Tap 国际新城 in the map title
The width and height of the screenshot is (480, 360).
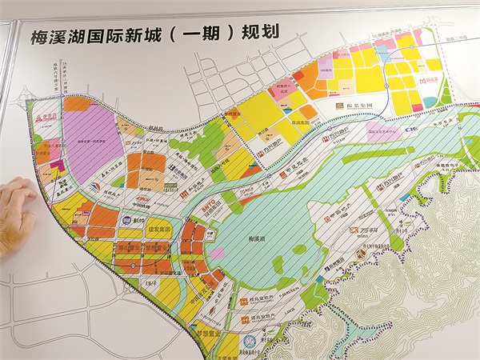tap(128, 34)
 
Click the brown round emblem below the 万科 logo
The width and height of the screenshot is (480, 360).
tap(360, 254)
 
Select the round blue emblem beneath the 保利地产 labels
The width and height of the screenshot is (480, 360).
tap(249, 345)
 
